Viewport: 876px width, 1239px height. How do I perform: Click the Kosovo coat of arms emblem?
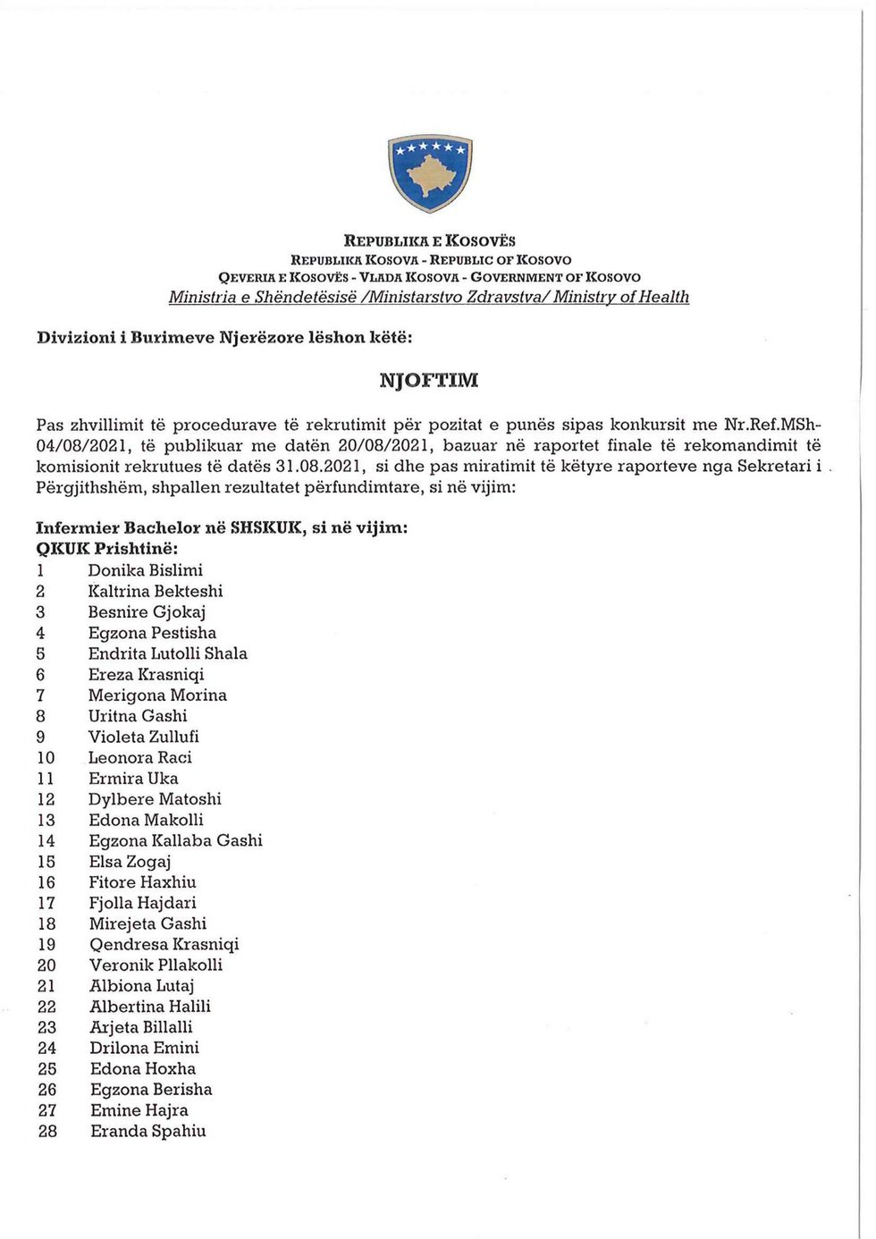click(x=430, y=173)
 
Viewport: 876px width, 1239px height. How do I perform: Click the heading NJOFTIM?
click(x=429, y=380)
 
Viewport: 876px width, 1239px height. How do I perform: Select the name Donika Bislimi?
click(x=145, y=570)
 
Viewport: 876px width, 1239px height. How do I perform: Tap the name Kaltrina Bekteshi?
click(x=156, y=591)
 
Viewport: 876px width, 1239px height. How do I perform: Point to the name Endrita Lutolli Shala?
click(x=167, y=653)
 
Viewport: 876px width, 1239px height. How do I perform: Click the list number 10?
click(x=46, y=758)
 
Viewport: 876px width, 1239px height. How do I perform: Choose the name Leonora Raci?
click(x=139, y=757)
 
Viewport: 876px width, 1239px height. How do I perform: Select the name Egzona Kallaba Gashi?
click(x=175, y=840)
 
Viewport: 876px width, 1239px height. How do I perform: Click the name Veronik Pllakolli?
click(x=156, y=965)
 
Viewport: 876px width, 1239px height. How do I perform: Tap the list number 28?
click(x=47, y=1132)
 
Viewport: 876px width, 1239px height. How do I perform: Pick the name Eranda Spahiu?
click(x=147, y=1131)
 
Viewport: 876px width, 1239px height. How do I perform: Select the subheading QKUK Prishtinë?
click(x=106, y=549)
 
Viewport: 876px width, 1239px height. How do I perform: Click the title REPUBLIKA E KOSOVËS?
click(x=430, y=240)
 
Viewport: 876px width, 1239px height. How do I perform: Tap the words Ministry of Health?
click(x=621, y=297)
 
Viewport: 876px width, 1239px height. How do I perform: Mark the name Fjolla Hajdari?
click(x=142, y=903)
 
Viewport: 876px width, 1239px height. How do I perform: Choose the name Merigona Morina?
click(x=157, y=695)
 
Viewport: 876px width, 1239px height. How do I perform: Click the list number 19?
click(x=46, y=945)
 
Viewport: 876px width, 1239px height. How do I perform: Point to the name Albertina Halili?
click(x=150, y=1007)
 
